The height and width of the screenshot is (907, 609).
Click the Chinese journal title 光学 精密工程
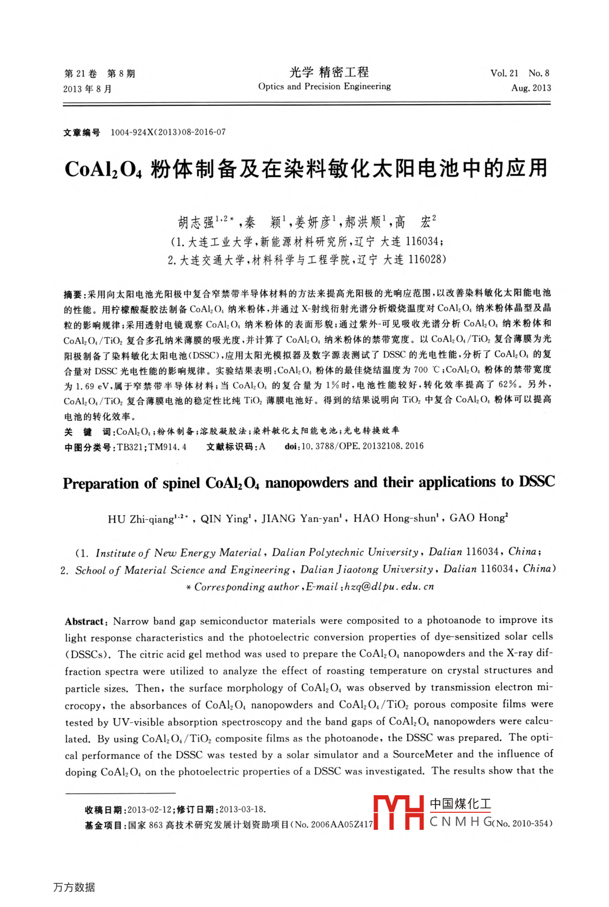pyautogui.click(x=329, y=72)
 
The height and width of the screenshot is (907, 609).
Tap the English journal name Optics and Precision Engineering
pyautogui.click(x=324, y=87)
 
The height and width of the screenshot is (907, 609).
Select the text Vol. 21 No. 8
pyautogui.click(x=520, y=74)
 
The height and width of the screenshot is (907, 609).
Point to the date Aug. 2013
pyautogui.click(x=531, y=88)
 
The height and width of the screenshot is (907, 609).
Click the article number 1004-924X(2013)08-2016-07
pyautogui.click(x=168, y=132)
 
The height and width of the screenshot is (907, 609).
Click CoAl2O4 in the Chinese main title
pyautogui.click(x=104, y=170)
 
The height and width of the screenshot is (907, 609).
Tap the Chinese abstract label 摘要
pyautogui.click(x=72, y=294)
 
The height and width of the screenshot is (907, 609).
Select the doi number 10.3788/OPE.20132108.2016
pyautogui.click(x=362, y=446)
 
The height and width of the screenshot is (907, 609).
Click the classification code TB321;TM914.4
pyautogui.click(x=152, y=447)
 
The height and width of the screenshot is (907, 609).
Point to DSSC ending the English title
pyautogui.click(x=536, y=482)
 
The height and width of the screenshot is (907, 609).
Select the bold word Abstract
pyautogui.click(x=85, y=622)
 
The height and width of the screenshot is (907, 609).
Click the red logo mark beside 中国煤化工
pyautogui.click(x=398, y=812)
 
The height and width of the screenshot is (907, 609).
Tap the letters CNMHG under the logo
pyautogui.click(x=461, y=822)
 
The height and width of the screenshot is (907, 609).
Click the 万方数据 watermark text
pyautogui.click(x=74, y=887)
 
